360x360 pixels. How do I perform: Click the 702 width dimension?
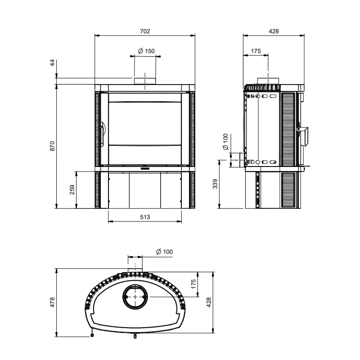click(145, 31)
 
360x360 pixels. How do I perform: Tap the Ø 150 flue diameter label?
click(146, 51)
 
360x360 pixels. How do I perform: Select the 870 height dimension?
click(52, 146)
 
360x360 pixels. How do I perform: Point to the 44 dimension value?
click(52, 63)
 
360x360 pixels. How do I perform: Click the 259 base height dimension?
click(72, 189)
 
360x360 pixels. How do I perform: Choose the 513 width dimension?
click(145, 217)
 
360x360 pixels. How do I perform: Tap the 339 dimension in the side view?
click(215, 184)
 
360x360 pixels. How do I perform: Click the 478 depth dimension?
click(52, 302)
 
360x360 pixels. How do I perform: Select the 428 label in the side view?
click(274, 31)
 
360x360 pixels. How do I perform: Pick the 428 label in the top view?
click(208, 302)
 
